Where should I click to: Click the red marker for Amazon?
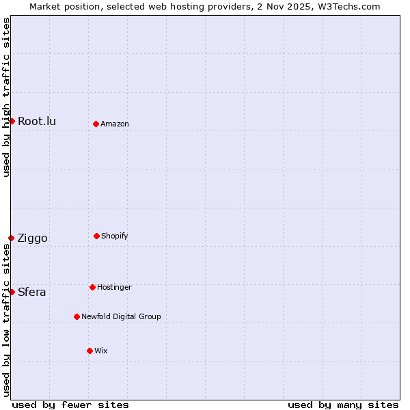click(x=96, y=124)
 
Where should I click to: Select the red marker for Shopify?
click(x=96, y=236)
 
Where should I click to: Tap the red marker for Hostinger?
click(x=92, y=287)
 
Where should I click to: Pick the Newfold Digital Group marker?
click(x=77, y=316)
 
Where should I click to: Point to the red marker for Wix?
click(x=90, y=351)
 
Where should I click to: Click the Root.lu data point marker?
click(x=12, y=121)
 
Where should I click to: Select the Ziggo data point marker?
click(x=11, y=238)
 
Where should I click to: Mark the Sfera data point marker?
click(x=12, y=292)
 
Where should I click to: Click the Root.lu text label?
click(x=37, y=122)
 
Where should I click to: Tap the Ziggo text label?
click(x=32, y=238)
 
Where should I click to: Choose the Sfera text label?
click(x=32, y=292)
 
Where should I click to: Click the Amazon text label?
click(x=115, y=124)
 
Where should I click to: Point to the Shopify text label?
click(x=115, y=236)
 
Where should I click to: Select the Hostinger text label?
click(x=114, y=288)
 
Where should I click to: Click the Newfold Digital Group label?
click(x=121, y=317)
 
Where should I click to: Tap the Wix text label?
click(x=101, y=351)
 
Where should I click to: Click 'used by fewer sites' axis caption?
click(x=70, y=405)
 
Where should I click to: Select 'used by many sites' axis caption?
click(x=343, y=405)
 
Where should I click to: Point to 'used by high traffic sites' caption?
click(x=6, y=97)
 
